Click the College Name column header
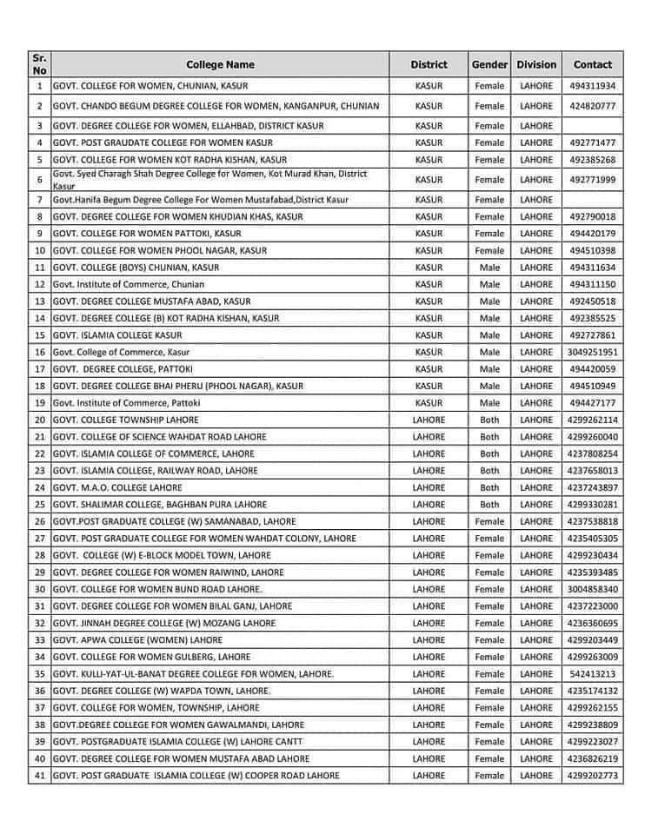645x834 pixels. tap(220, 64)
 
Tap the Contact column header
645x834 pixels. tap(592, 64)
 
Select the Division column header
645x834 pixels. tap(535, 64)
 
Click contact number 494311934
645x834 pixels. tap(593, 86)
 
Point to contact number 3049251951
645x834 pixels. tap(593, 352)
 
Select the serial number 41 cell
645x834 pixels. tap(40, 776)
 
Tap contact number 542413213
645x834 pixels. tap(593, 674)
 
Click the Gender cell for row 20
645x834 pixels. tap(489, 420)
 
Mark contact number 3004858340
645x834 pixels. tap(593, 589)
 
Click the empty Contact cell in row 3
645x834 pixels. tap(593, 126)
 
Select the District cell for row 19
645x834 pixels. tap(429, 403)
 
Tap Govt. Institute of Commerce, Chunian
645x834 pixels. tap(129, 284)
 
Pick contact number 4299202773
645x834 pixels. tap(593, 776)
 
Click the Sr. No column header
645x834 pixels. tap(40, 64)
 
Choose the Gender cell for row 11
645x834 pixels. tap(489, 268)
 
